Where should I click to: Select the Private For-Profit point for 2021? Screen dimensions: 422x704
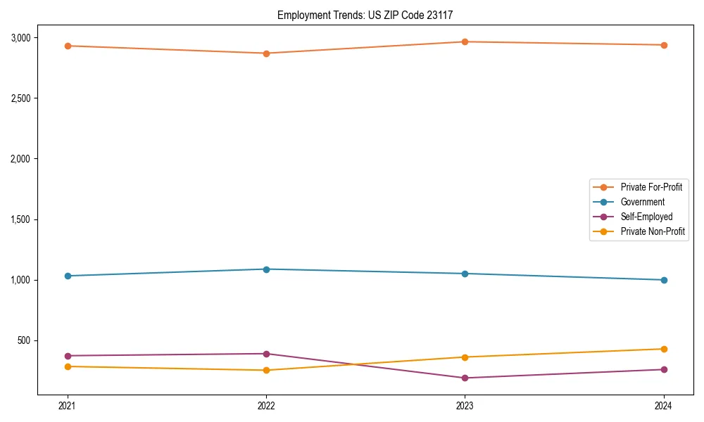(68, 46)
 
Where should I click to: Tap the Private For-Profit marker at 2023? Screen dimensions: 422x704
(465, 41)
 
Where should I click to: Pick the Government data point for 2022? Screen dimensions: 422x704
(266, 269)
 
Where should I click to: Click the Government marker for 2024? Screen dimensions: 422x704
(663, 280)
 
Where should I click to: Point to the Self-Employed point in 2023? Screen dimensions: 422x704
(465, 378)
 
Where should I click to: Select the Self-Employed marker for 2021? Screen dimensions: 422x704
(68, 356)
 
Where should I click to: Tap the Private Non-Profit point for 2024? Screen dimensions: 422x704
(663, 349)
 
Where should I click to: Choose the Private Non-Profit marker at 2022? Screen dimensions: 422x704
(266, 370)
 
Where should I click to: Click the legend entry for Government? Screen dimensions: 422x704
(642, 202)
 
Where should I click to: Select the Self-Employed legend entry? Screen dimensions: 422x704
(646, 217)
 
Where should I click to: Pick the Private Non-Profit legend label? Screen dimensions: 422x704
(653, 231)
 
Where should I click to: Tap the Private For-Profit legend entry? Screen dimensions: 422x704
(650, 187)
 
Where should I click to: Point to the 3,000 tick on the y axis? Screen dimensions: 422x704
(20, 37)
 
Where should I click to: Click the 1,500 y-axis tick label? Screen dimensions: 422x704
(20, 219)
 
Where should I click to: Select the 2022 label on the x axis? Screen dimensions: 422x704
(266, 405)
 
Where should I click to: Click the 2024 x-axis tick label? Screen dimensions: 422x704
(663, 405)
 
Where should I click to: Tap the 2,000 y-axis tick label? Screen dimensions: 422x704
(20, 159)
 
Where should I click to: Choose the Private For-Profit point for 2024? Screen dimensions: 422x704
(663, 45)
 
